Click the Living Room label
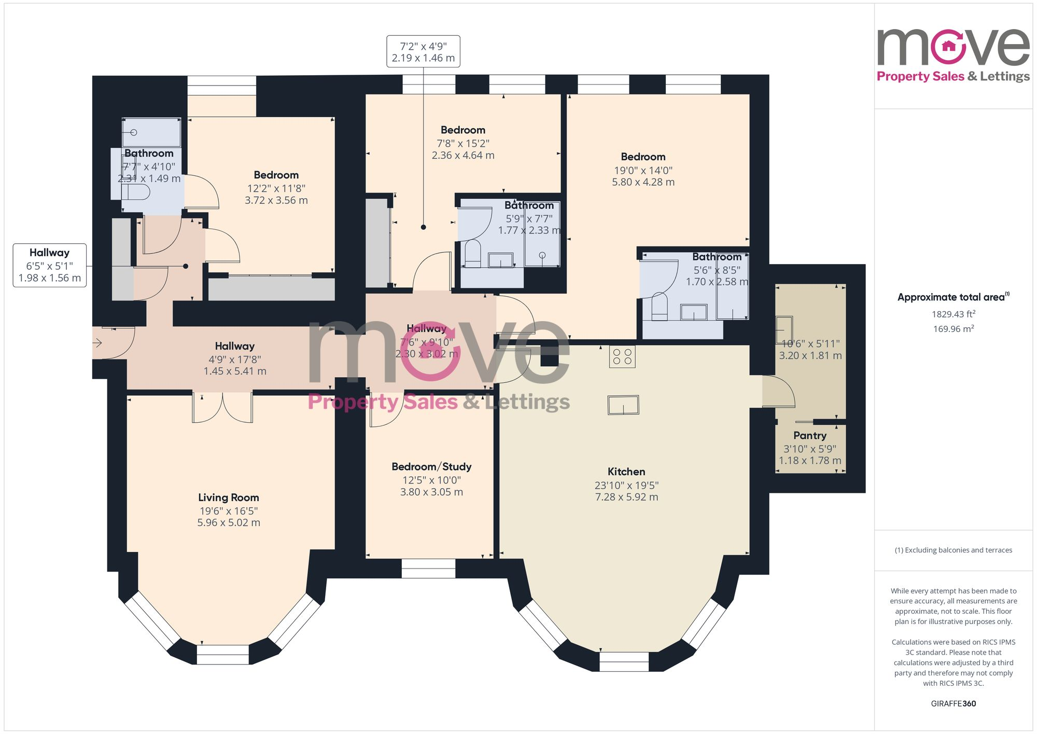coord(228,497)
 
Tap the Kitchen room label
coord(626,472)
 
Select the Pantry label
coord(809,436)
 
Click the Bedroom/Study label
coord(431,467)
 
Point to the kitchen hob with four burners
coord(622,356)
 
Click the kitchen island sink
coord(623,405)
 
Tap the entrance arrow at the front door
coord(97,343)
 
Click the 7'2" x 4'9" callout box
coord(423,52)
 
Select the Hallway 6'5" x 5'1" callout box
coord(50,265)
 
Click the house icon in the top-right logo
coord(948,46)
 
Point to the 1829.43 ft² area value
coord(953,314)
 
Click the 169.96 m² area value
coord(953,329)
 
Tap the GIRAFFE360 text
coord(953,703)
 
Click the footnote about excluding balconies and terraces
coord(953,550)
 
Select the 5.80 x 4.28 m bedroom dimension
coord(643,182)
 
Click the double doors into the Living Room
coord(223,407)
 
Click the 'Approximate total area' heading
coord(953,297)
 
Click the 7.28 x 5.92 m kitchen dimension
coord(626,497)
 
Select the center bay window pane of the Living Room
coord(223,655)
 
